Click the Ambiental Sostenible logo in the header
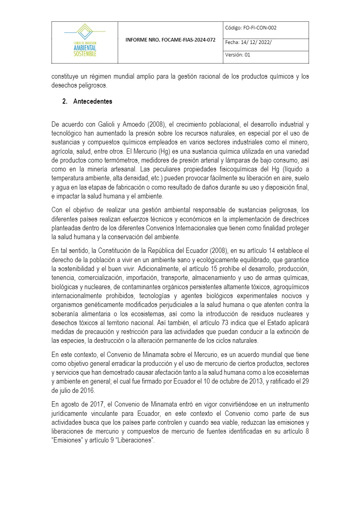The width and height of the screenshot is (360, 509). click(85, 42)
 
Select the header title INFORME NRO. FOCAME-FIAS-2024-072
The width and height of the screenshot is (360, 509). click(170, 40)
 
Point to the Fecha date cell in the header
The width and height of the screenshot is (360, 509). click(249, 42)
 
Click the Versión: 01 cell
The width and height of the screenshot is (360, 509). click(238, 55)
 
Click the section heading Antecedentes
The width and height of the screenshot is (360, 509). click(93, 102)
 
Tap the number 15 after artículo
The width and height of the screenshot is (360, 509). click(230, 268)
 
